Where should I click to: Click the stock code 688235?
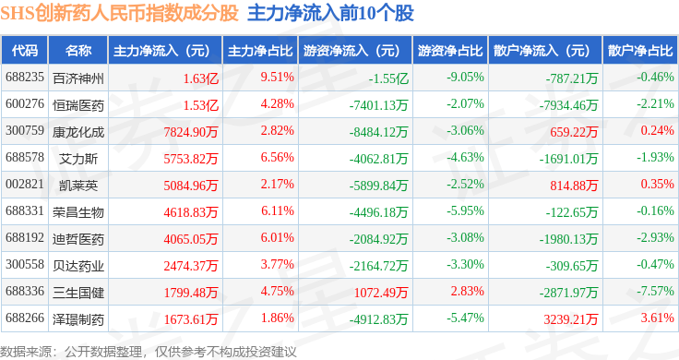tap(25, 78)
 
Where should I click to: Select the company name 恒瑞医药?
tap(78, 105)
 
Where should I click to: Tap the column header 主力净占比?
tap(260, 51)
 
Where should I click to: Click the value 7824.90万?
tap(191, 132)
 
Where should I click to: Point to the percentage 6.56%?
tap(277, 157)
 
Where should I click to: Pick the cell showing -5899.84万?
tap(378, 186)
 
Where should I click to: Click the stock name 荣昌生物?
tap(78, 212)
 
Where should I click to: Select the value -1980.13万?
tap(568, 239)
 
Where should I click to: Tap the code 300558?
tap(25, 264)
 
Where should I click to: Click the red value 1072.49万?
tap(381, 293)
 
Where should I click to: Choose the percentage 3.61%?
tap(658, 318)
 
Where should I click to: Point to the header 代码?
tap(25, 51)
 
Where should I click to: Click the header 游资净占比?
tap(450, 51)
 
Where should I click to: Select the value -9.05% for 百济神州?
tap(465, 78)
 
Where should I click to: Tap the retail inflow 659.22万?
tap(574, 132)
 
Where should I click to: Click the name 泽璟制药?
tap(78, 319)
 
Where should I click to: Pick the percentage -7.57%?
tap(655, 291)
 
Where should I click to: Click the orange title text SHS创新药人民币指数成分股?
tap(120, 13)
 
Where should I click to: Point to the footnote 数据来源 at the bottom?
tap(26, 352)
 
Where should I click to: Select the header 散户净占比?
tap(640, 51)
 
